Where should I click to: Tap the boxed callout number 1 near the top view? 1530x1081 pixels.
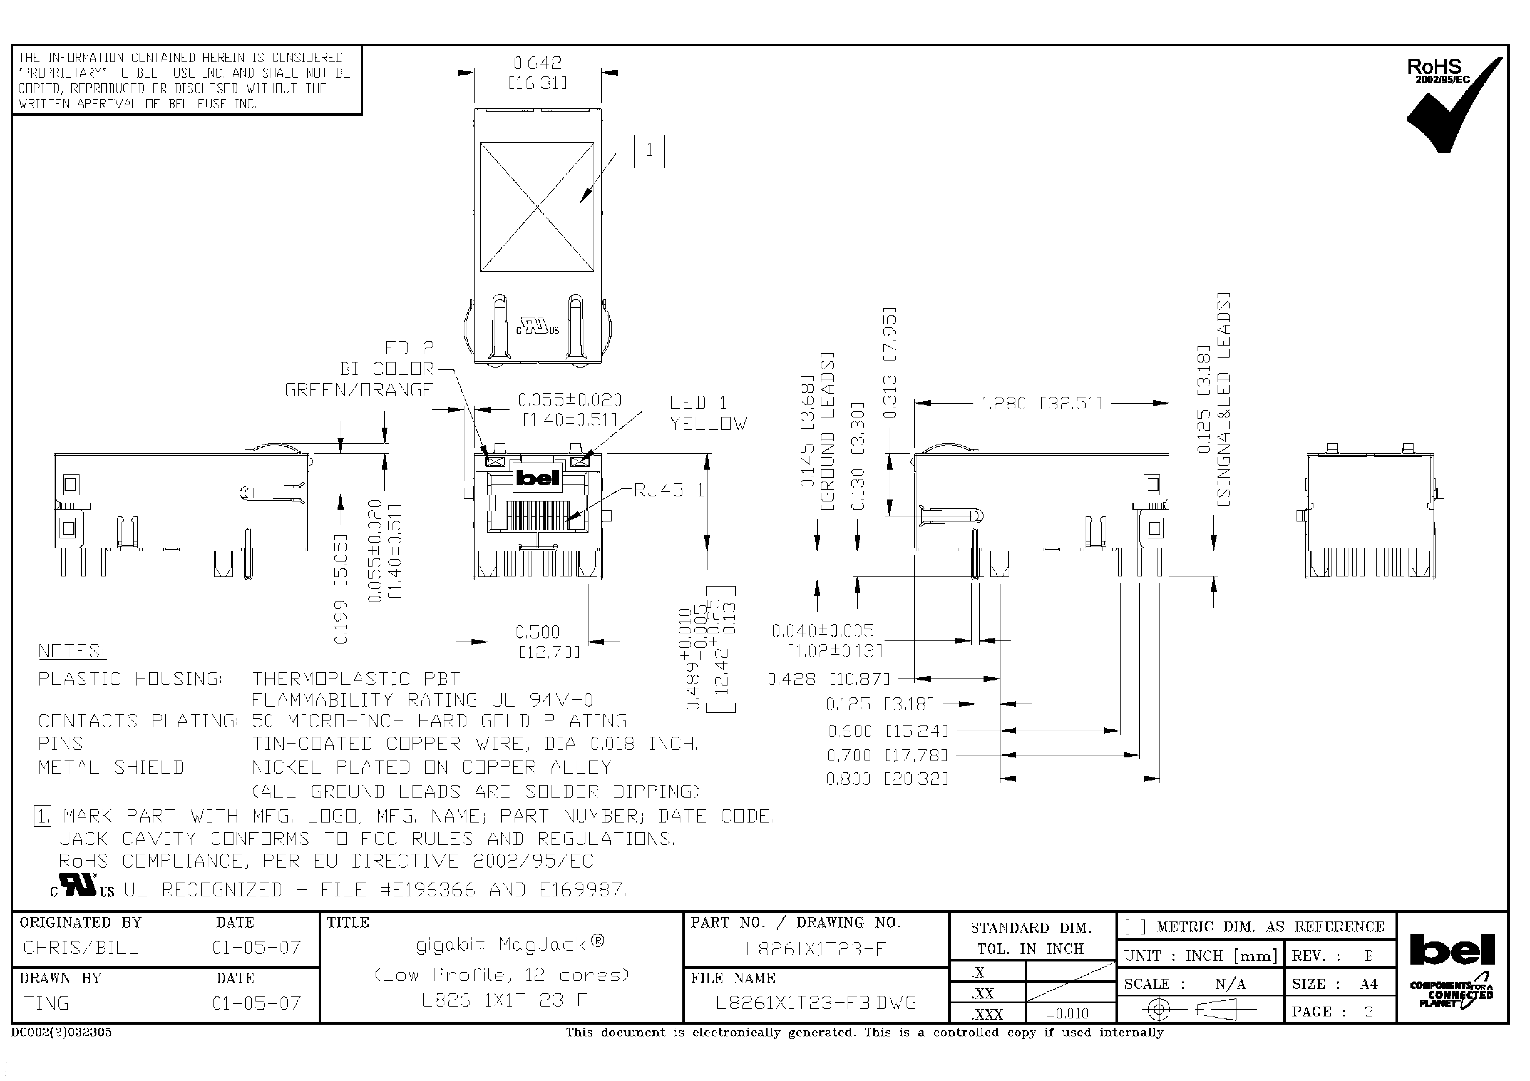tap(649, 151)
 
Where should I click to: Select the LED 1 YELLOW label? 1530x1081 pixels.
tap(708, 413)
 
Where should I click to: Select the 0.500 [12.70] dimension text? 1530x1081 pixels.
tap(547, 641)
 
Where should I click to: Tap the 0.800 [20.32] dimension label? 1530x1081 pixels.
tap(886, 779)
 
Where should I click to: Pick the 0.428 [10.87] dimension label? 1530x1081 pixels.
tap(828, 679)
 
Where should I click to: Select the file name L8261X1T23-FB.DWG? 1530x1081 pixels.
tap(816, 1003)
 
